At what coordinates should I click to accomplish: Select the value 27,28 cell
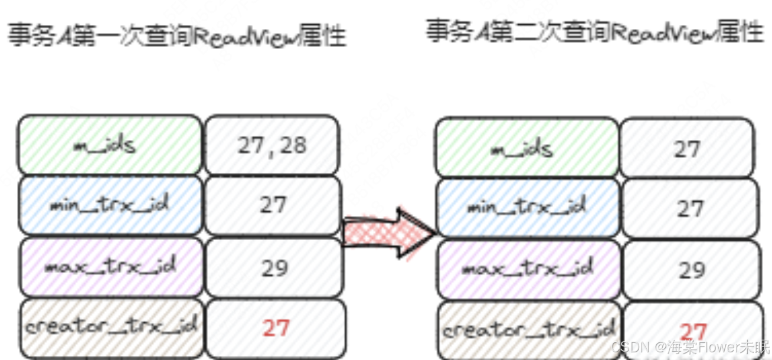272,145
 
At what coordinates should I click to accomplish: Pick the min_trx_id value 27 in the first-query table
273,205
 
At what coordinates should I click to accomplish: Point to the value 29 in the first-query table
274,267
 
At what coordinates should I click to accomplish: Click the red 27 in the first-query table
275,328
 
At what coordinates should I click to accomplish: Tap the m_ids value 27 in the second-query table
687,149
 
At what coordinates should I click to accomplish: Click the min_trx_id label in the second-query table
527,208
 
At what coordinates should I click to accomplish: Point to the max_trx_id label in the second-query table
527,269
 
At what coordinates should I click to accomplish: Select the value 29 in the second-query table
691,270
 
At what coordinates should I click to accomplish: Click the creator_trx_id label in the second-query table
528,329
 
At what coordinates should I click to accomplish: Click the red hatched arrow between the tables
390,232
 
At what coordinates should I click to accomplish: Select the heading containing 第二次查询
595,31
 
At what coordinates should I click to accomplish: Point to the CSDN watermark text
691,346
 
